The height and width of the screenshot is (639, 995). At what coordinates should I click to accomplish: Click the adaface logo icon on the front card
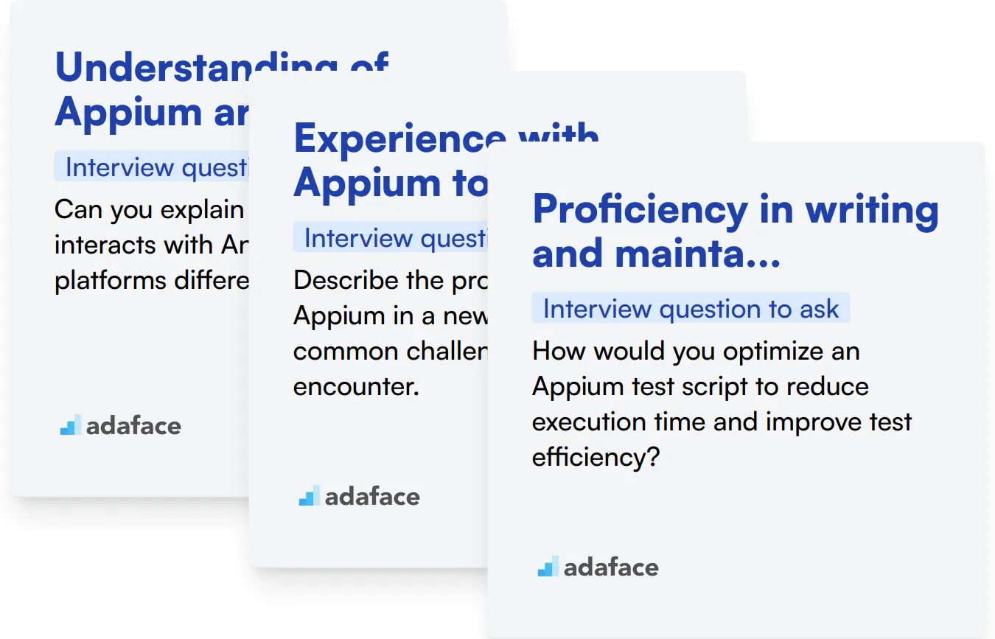(x=548, y=567)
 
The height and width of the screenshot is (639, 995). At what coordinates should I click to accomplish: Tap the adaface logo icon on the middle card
(x=309, y=496)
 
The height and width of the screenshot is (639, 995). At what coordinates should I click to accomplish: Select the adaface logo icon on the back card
(x=70, y=425)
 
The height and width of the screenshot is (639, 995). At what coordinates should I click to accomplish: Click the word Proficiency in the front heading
(x=638, y=211)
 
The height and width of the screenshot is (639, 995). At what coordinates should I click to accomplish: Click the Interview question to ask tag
(x=691, y=309)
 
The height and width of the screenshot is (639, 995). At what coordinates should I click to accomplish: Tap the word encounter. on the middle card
(x=356, y=386)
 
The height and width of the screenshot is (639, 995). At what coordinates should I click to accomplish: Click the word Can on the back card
(x=81, y=210)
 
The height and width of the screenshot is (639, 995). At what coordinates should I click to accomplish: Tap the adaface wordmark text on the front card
(x=611, y=568)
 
